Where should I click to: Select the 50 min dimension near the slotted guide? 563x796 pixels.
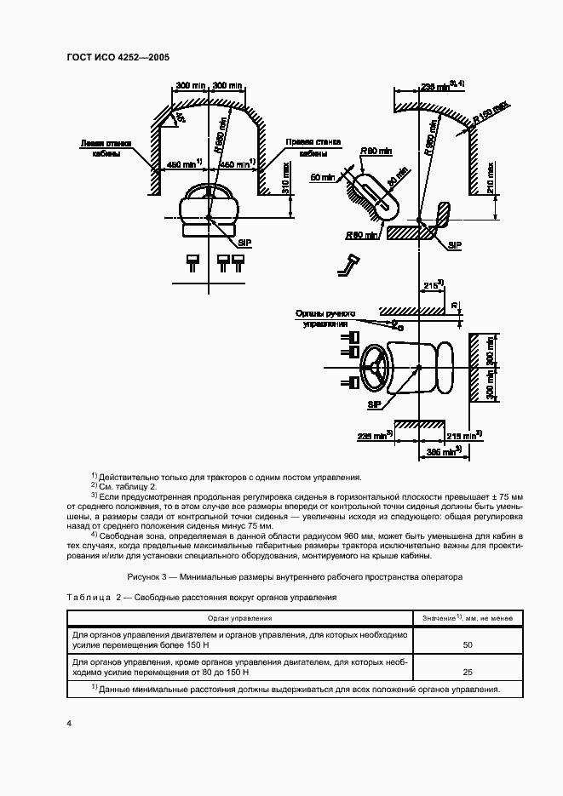(x=323, y=177)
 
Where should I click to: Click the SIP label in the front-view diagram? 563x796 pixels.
(x=244, y=243)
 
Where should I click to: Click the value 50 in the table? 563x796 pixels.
(x=467, y=645)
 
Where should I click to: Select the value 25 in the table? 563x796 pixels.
(x=467, y=672)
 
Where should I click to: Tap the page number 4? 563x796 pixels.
(x=68, y=724)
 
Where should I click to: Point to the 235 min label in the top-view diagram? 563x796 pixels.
(x=375, y=435)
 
